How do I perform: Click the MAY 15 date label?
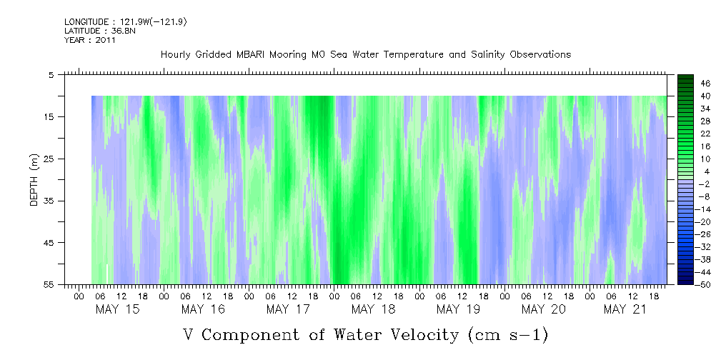point(118,309)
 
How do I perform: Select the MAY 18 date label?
point(373,309)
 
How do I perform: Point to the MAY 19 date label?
point(458,309)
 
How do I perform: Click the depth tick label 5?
point(51,74)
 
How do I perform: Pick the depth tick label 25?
point(49,159)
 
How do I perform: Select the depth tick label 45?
point(49,243)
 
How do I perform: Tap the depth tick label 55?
point(49,285)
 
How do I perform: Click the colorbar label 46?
point(706,83)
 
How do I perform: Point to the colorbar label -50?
point(704,285)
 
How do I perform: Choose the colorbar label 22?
point(706,134)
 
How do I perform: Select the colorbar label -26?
point(704,234)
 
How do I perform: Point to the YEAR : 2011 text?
point(90,40)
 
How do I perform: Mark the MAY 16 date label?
point(203,309)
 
